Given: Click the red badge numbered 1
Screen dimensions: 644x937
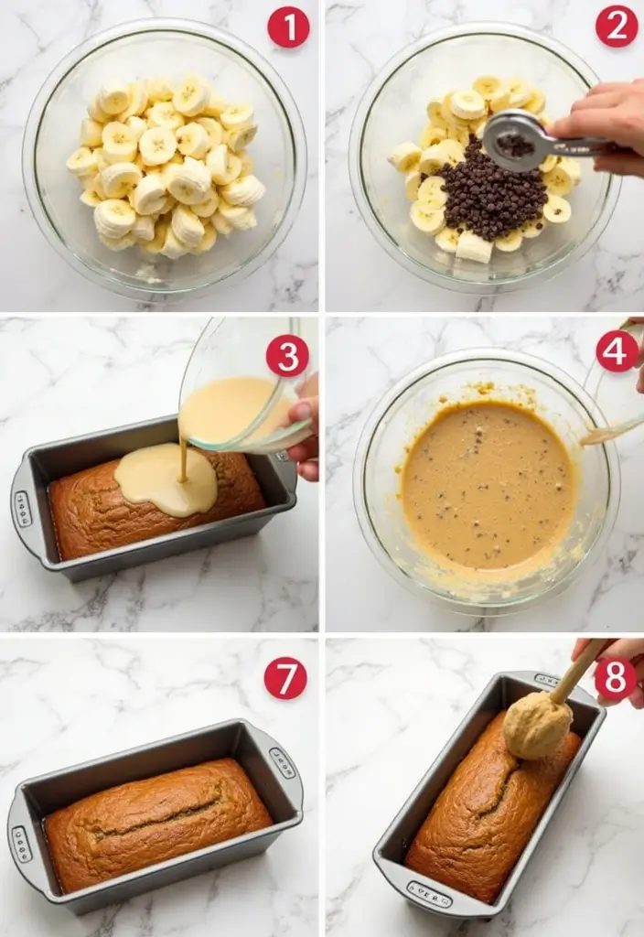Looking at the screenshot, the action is pyautogui.click(x=288, y=27).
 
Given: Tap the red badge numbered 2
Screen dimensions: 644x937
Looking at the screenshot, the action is pyautogui.click(x=617, y=26).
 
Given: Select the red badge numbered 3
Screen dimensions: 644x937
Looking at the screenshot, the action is pyautogui.click(x=287, y=355).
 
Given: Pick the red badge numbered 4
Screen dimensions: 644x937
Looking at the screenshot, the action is pyautogui.click(x=617, y=352).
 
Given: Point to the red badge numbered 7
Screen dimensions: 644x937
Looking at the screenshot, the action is pyautogui.click(x=285, y=678).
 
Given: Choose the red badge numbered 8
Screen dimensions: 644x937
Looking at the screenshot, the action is pyautogui.click(x=616, y=678).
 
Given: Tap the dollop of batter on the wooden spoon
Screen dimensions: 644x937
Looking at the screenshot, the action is pyautogui.click(x=536, y=725).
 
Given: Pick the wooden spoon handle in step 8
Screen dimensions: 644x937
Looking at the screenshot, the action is pyautogui.click(x=576, y=670).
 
